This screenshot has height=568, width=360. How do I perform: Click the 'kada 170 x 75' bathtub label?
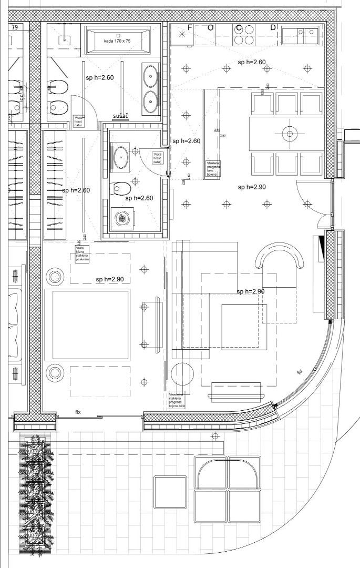[117, 41]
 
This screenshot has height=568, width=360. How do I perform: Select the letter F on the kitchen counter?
[190, 27]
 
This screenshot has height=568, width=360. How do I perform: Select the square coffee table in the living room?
[240, 327]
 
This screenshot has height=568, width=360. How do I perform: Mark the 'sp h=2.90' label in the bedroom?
[110, 279]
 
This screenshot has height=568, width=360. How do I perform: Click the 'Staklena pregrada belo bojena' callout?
[213, 169]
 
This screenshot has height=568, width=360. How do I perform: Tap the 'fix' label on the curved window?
[300, 371]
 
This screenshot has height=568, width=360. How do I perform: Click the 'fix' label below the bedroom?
[78, 412]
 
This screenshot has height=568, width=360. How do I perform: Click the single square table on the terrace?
[170, 492]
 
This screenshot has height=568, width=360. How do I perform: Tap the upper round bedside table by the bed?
[55, 276]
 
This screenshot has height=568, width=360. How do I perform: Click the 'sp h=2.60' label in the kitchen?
[252, 62]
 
